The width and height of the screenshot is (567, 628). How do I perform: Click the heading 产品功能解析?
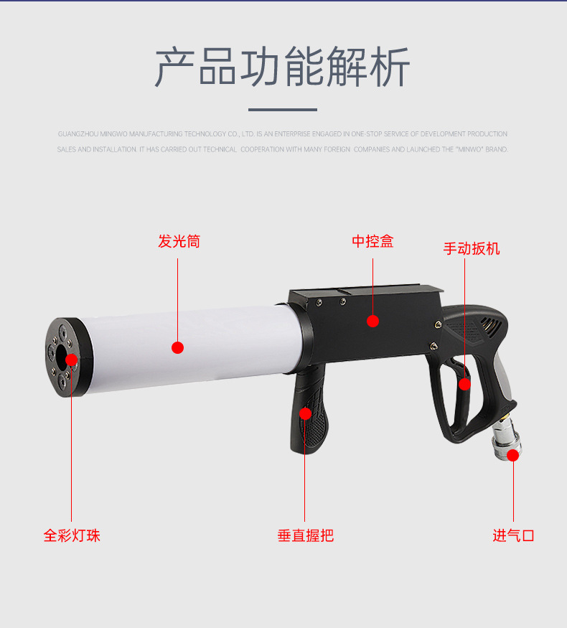click(x=283, y=67)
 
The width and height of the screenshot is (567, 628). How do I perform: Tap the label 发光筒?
click(x=179, y=241)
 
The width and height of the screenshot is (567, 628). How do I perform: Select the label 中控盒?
click(x=372, y=241)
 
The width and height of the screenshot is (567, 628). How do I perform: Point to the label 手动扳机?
click(x=471, y=249)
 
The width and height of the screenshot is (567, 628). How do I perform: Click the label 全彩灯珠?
click(x=72, y=535)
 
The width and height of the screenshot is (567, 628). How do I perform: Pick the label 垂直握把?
click(x=305, y=535)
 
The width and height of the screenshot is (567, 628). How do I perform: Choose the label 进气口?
click(x=513, y=535)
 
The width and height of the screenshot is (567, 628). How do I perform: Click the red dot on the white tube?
click(x=178, y=347)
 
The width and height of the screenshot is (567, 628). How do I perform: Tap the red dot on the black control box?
click(x=372, y=321)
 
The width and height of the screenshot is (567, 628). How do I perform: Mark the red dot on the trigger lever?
click(x=464, y=384)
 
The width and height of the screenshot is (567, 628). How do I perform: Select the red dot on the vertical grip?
click(x=305, y=413)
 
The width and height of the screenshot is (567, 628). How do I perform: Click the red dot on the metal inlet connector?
click(x=513, y=454)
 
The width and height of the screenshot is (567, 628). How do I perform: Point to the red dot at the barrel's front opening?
click(x=71, y=359)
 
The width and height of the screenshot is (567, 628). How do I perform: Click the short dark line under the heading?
click(x=283, y=110)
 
